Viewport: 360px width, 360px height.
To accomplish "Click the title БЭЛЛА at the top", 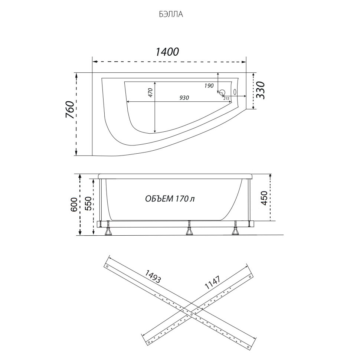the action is click(x=171, y=14).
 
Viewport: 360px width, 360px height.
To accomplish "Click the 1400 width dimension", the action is click(x=167, y=52).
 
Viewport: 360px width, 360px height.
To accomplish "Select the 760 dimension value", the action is click(x=71, y=109).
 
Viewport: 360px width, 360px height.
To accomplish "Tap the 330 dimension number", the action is click(x=261, y=90).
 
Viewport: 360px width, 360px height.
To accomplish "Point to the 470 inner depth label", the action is click(x=150, y=92).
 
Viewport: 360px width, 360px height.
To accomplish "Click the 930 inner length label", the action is click(x=184, y=98).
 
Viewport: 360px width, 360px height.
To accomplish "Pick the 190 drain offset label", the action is click(x=209, y=86).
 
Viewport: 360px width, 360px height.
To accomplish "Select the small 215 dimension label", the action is click(x=226, y=98).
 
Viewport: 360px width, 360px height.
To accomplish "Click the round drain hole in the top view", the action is click(x=222, y=92).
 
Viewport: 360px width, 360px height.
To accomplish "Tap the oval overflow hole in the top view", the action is click(x=235, y=92).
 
